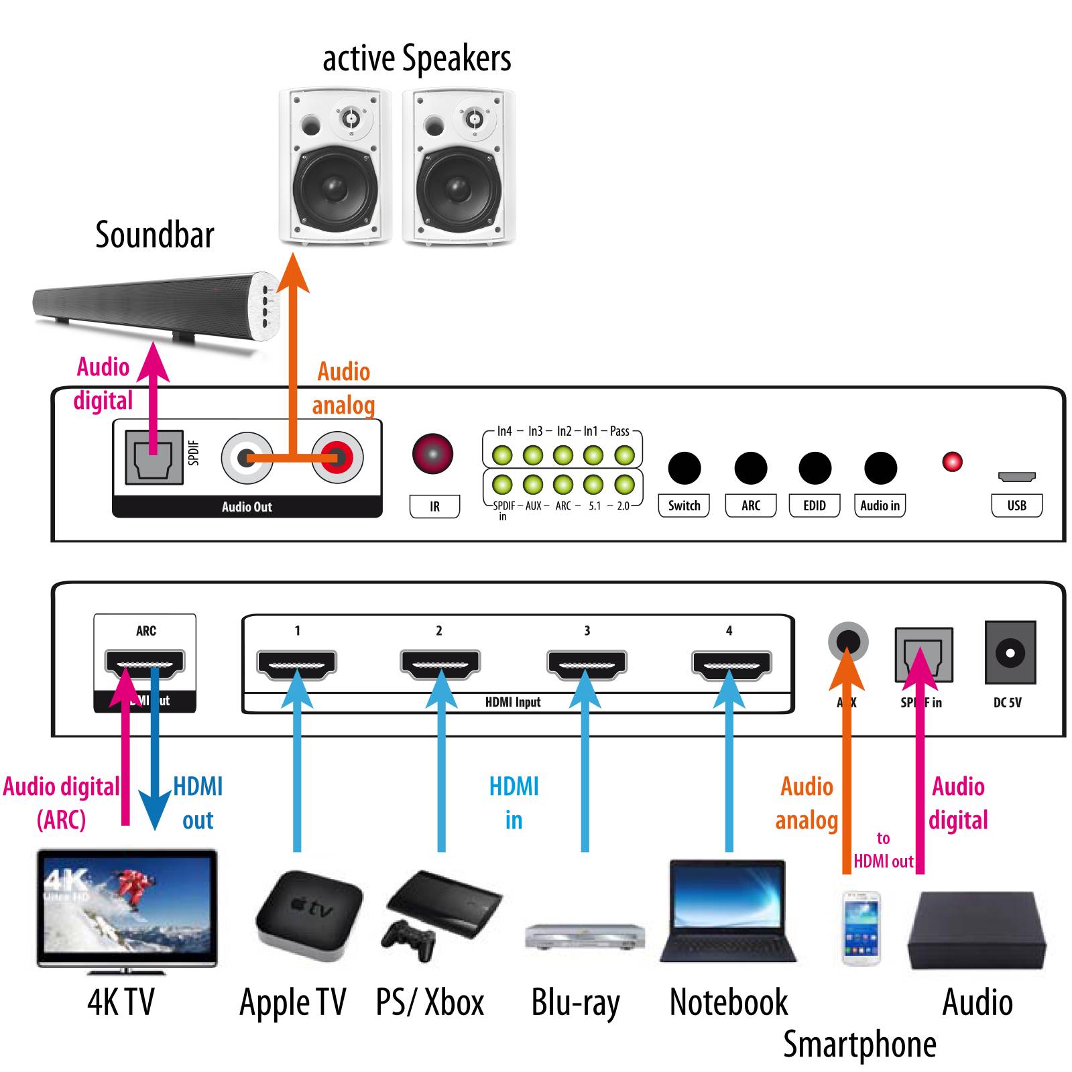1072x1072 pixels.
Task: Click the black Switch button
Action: point(684,468)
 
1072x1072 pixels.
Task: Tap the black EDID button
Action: point(815,468)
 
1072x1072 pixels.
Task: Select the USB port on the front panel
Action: point(1016,477)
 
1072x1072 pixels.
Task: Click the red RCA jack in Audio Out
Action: point(337,459)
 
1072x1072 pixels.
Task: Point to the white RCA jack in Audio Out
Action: point(247,459)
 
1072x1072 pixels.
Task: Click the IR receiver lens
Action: point(432,454)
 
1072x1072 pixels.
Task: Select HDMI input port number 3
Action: point(587,664)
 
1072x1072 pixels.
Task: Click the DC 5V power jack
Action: point(1010,652)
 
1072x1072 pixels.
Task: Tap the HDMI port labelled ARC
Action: point(145,664)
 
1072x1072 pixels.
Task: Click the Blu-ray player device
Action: point(584,936)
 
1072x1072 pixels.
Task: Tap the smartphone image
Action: point(861,928)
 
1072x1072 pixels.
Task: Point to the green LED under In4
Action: point(502,455)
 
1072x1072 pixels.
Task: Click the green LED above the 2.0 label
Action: point(624,483)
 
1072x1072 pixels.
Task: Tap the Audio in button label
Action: point(880,505)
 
